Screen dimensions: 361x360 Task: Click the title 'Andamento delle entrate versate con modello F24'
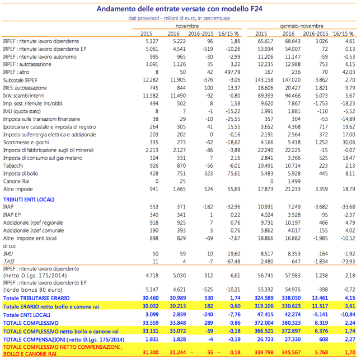(x=179, y=9)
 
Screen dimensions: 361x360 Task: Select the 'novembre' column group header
(x=187, y=26)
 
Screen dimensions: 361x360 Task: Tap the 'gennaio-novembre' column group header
(x=302, y=26)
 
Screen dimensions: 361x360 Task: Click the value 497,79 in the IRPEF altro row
(x=232, y=72)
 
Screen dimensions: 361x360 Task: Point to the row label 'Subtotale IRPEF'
(x=20, y=80)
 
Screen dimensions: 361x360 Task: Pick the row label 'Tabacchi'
(x=13, y=166)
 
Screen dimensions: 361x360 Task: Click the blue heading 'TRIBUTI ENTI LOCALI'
(x=29, y=200)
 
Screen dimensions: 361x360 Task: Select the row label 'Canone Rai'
(x=16, y=181)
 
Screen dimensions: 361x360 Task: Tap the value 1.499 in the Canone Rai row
(x=294, y=181)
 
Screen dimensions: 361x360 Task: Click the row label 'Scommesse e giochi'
(x=26, y=143)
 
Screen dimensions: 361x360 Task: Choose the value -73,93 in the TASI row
(x=348, y=262)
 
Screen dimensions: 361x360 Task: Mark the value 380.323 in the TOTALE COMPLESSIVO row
(x=291, y=323)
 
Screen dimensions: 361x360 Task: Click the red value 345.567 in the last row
(x=291, y=352)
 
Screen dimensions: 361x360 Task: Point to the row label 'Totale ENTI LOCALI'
(x=27, y=315)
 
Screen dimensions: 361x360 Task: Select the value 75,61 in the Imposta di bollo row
(x=234, y=173)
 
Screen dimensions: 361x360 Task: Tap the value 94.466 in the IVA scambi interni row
(x=293, y=96)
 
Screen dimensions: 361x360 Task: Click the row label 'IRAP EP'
(x=12, y=215)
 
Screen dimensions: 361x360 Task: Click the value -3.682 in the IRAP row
(x=321, y=207)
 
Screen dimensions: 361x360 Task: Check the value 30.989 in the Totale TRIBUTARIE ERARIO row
(x=178, y=298)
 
